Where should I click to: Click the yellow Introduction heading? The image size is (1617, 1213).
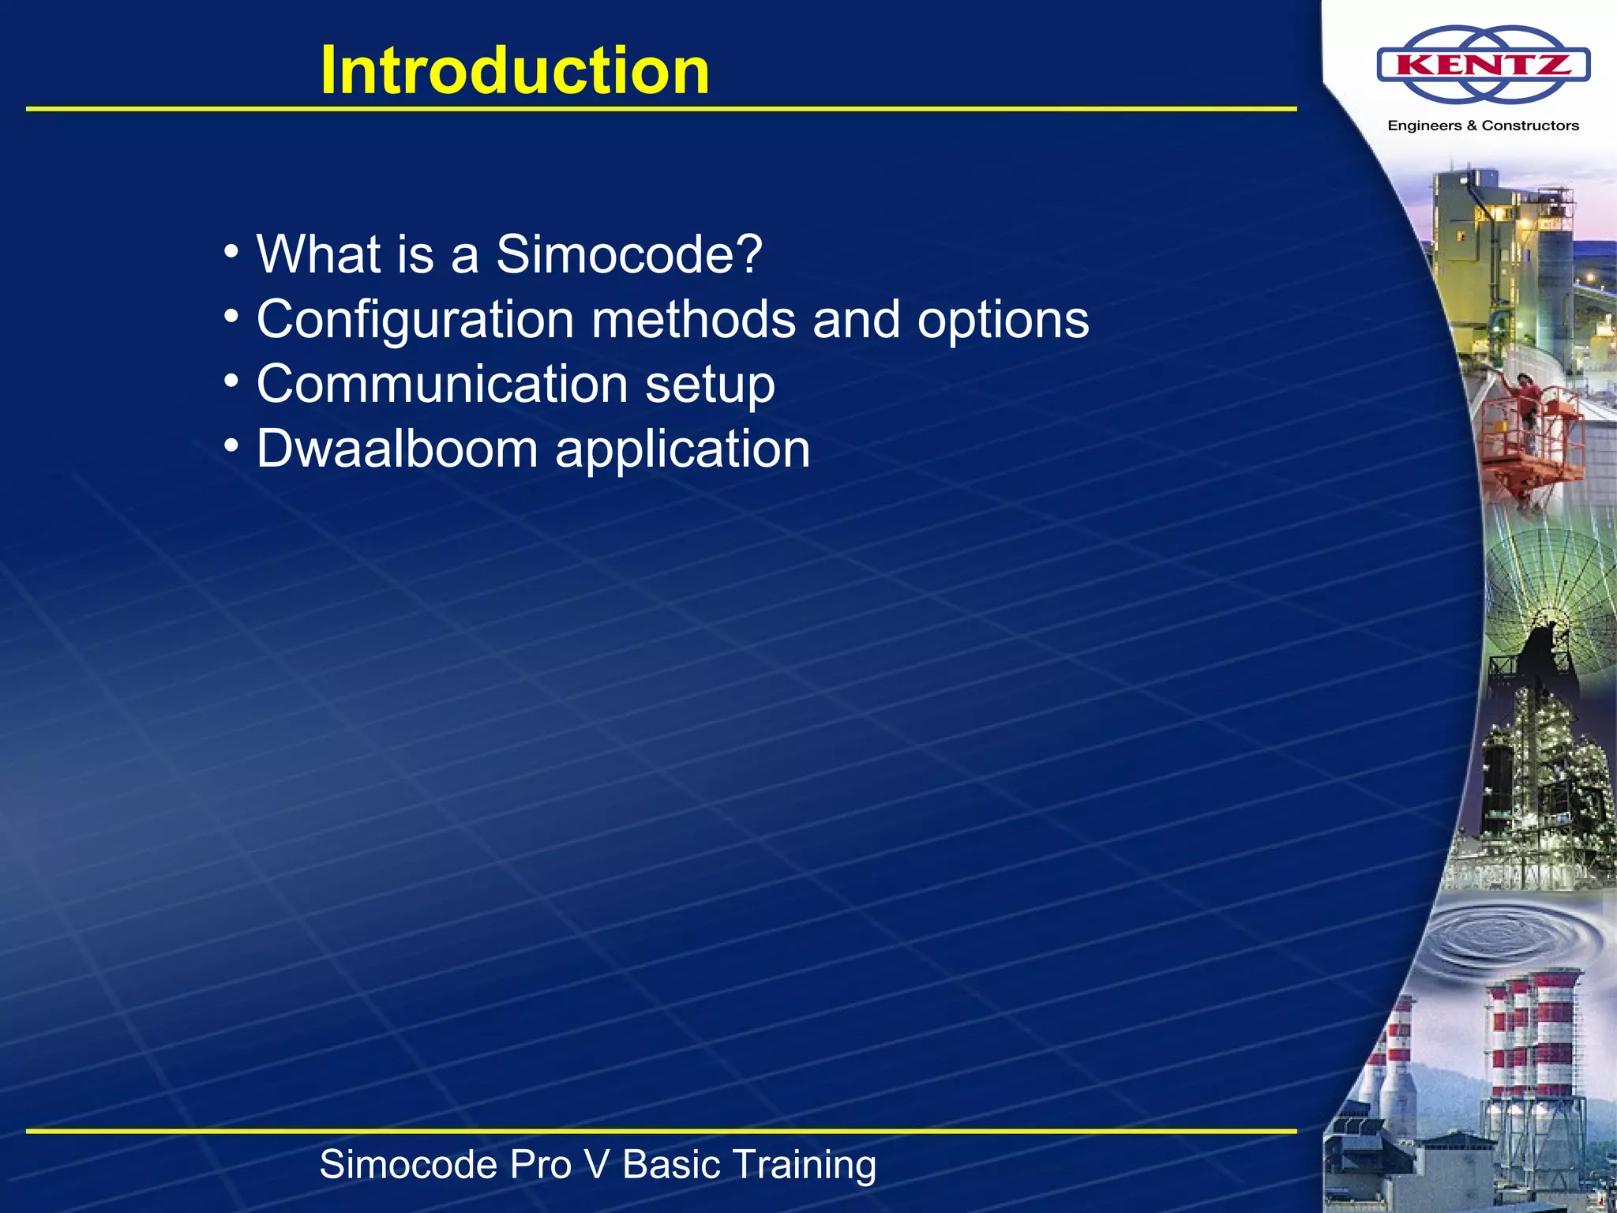pyautogui.click(x=515, y=70)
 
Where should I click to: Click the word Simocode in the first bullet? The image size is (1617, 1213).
pyautogui.click(x=618, y=254)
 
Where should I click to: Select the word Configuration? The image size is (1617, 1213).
pyautogui.click(x=415, y=321)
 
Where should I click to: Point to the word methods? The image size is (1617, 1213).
pyautogui.click(x=694, y=319)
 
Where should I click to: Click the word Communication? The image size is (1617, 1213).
pyautogui.click(x=442, y=384)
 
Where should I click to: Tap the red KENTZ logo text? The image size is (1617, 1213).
pyautogui.click(x=1484, y=64)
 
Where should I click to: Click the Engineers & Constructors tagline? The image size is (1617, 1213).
pyautogui.click(x=1484, y=126)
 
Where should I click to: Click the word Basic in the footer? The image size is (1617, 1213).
pyautogui.click(x=672, y=1165)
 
